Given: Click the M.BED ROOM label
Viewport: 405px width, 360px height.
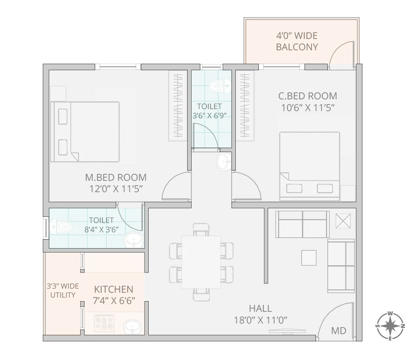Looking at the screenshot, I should pyautogui.click(x=116, y=178).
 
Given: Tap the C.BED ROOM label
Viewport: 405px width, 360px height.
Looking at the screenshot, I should pyautogui.click(x=307, y=96).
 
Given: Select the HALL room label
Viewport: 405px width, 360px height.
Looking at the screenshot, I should pyautogui.click(x=260, y=309).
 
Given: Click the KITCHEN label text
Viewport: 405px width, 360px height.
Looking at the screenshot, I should pyautogui.click(x=114, y=289).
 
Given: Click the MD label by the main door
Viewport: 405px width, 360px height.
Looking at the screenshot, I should pyautogui.click(x=339, y=331).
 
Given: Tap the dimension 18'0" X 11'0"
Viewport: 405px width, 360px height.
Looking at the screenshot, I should pyautogui.click(x=260, y=320).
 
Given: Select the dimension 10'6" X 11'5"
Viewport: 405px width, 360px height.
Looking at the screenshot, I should pyautogui.click(x=307, y=107).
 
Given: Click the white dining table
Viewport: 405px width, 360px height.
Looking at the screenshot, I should pyautogui.click(x=201, y=262).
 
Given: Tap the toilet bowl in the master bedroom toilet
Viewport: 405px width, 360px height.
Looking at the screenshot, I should pyautogui.click(x=60, y=227).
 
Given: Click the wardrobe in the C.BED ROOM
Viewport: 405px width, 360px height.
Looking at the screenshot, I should pyautogui.click(x=245, y=106).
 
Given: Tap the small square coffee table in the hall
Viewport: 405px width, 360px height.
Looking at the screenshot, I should pyautogui.click(x=309, y=257).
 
